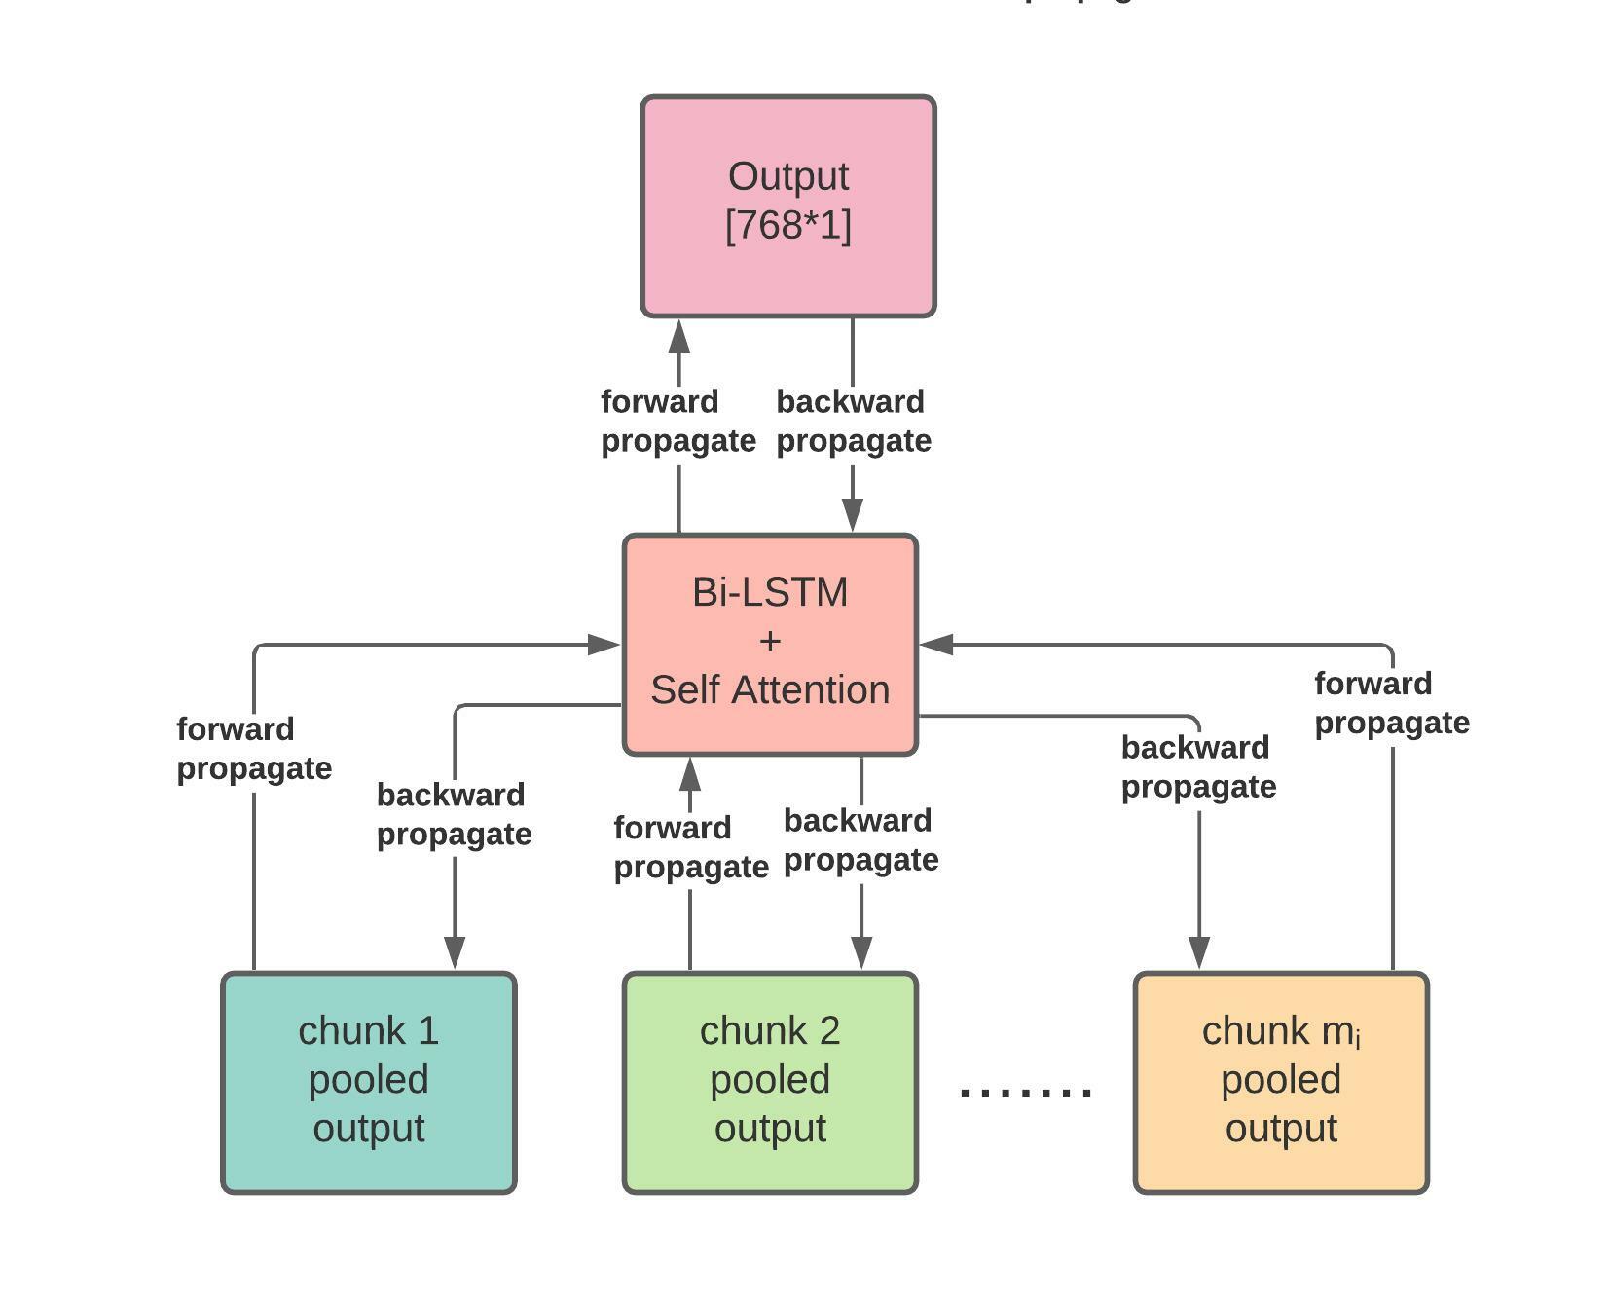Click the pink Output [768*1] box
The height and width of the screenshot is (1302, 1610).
click(x=787, y=206)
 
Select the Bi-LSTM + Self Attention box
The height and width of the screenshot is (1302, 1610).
click(x=769, y=644)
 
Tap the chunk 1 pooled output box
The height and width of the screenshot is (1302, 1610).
click(x=368, y=1082)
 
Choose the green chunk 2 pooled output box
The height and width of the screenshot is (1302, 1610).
click(x=769, y=1082)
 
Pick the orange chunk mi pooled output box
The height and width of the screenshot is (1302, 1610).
click(x=1280, y=1082)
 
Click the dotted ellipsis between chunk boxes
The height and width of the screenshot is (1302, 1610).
click(x=1025, y=1092)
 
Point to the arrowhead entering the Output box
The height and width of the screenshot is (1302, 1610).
click(x=679, y=337)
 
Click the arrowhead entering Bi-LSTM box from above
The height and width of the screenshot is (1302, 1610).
click(x=853, y=513)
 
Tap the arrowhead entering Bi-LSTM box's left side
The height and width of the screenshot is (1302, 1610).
click(x=604, y=644)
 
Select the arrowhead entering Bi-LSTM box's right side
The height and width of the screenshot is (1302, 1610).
click(x=936, y=644)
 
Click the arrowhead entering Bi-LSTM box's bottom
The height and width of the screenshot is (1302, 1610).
click(x=690, y=774)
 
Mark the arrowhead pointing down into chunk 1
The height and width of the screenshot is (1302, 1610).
click(x=455, y=951)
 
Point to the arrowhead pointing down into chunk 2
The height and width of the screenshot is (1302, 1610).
click(x=861, y=951)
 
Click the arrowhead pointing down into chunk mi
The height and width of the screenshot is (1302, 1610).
click(x=1199, y=951)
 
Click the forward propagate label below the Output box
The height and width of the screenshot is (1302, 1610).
click(x=677, y=422)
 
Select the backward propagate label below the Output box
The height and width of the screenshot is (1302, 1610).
click(x=853, y=422)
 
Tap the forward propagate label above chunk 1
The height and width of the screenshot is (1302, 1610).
click(x=253, y=749)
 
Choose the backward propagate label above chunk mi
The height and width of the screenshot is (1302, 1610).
click(x=1198, y=766)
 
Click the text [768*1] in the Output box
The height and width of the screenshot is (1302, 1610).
click(x=787, y=226)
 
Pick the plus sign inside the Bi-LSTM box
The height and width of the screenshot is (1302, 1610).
click(x=769, y=642)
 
